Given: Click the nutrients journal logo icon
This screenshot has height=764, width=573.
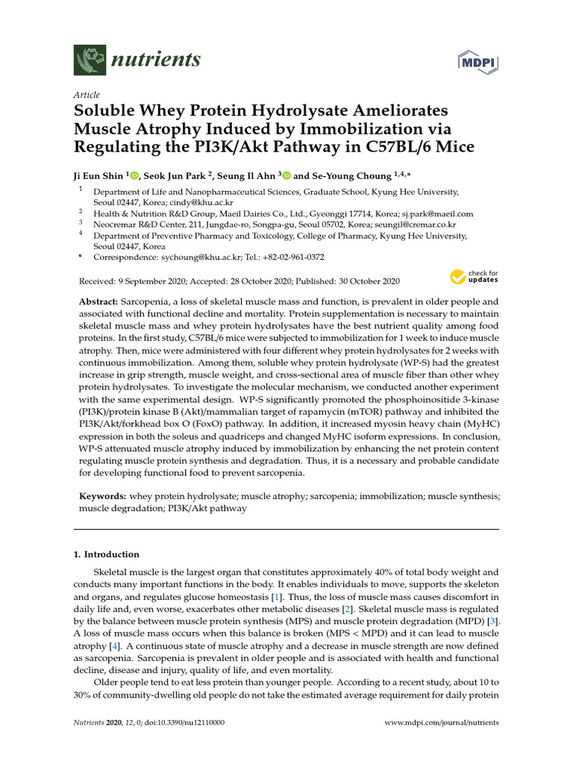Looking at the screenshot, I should (x=90, y=60).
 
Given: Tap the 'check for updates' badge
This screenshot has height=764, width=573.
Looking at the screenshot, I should (x=474, y=278).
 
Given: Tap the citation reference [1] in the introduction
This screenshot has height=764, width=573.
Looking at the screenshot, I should (x=277, y=597).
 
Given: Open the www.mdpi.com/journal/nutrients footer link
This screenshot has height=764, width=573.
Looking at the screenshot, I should (x=441, y=723).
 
